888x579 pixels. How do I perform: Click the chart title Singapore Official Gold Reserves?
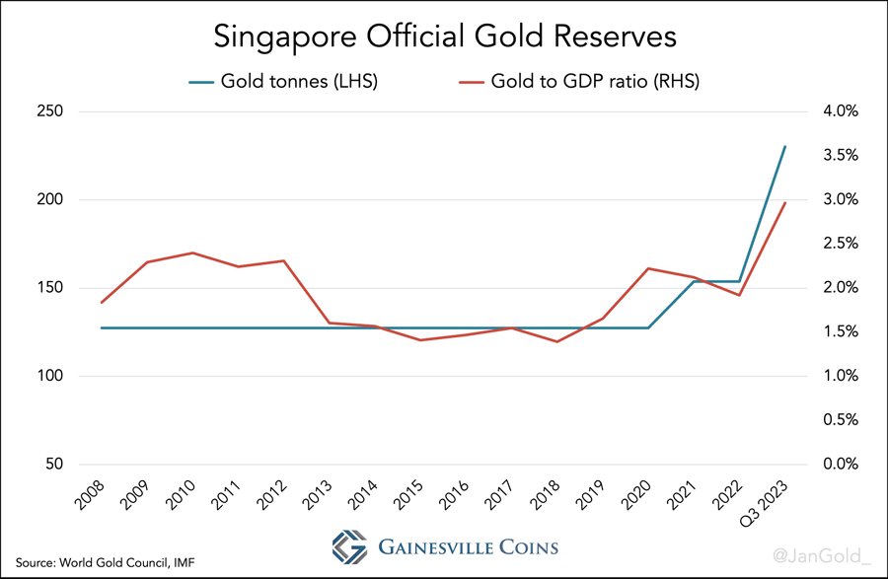445,36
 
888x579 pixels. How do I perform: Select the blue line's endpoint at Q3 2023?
784,147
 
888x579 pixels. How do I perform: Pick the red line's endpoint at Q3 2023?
784,203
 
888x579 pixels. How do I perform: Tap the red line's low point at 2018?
557,341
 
